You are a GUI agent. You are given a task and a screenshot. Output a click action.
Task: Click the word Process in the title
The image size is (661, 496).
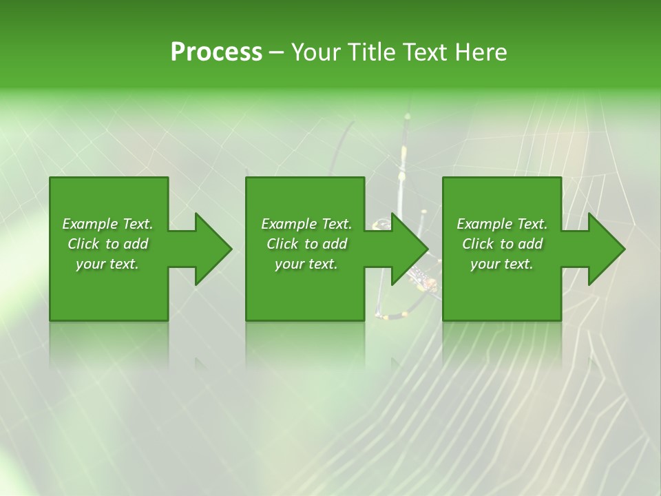[x=216, y=52]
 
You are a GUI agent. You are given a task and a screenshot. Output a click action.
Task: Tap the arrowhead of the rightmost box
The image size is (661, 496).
[x=605, y=249]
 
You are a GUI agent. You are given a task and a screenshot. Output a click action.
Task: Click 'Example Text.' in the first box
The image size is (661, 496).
[x=107, y=224]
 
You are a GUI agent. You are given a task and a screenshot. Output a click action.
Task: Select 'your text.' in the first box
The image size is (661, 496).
[x=107, y=264]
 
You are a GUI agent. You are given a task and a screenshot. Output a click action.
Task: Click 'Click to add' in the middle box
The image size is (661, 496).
[x=306, y=244]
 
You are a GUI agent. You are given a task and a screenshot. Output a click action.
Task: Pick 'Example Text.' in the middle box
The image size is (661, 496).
[x=306, y=224]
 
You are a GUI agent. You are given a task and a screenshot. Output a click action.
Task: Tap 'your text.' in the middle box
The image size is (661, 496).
[x=306, y=264]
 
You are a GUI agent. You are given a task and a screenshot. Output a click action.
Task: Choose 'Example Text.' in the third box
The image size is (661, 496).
[x=502, y=224]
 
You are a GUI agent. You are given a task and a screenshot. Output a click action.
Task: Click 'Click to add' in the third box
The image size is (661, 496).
[x=502, y=244]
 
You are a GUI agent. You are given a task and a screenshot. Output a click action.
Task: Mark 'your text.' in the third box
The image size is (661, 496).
[x=502, y=264]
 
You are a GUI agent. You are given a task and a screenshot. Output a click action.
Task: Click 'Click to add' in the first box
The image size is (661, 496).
[x=107, y=244]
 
